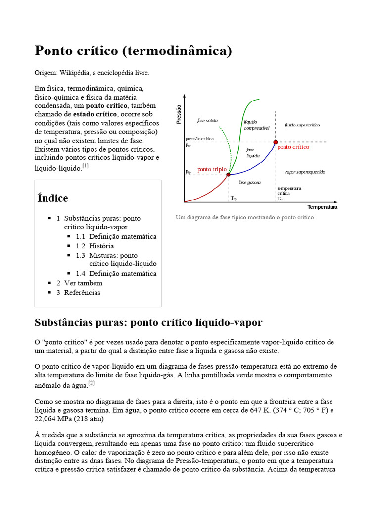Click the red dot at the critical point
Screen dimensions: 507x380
click(x=276, y=142)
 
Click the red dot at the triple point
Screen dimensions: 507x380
click(x=228, y=174)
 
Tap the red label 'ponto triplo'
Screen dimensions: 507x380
click(x=212, y=169)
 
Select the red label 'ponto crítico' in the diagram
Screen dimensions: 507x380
click(x=293, y=147)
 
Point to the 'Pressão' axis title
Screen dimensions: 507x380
click(x=179, y=114)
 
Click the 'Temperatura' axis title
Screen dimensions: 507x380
click(x=322, y=207)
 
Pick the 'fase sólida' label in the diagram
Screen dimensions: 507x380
click(x=207, y=121)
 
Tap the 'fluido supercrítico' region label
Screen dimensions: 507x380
click(x=302, y=125)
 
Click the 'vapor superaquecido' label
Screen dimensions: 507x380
click(x=305, y=172)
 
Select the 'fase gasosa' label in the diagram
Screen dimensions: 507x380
click(x=249, y=183)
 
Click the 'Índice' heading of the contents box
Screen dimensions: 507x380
click(x=53, y=198)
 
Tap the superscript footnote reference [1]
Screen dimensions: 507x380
click(x=86, y=166)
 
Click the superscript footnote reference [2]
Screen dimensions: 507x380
click(x=91, y=383)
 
